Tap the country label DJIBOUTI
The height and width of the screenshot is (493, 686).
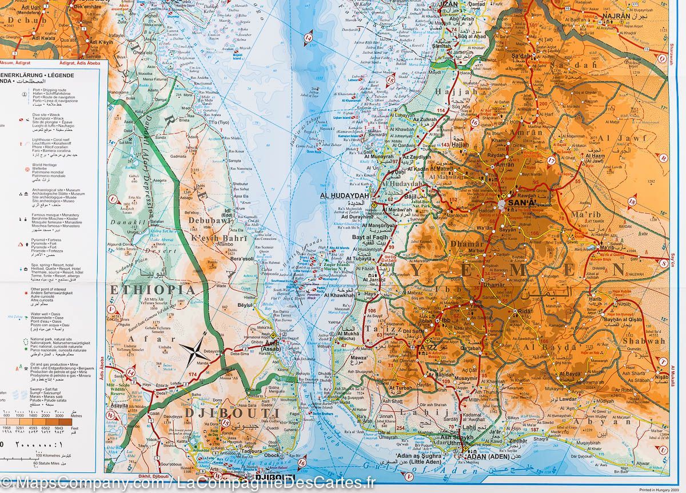point(232,413)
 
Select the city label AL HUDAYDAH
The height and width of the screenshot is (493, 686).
point(342,196)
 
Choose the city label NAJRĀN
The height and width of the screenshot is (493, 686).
point(615,17)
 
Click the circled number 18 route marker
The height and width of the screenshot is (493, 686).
point(632,201)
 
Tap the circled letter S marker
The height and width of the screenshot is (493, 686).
point(663,263)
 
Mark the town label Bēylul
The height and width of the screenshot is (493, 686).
point(244,306)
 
